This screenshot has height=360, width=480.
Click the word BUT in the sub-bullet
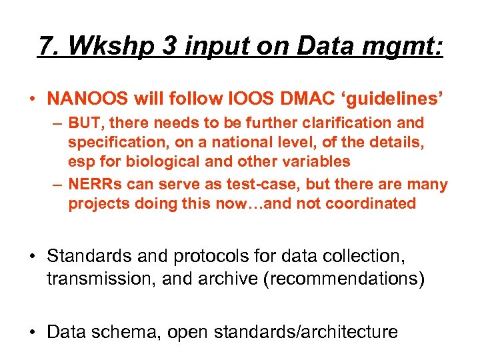(x=85, y=123)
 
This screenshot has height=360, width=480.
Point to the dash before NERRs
(x=58, y=185)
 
